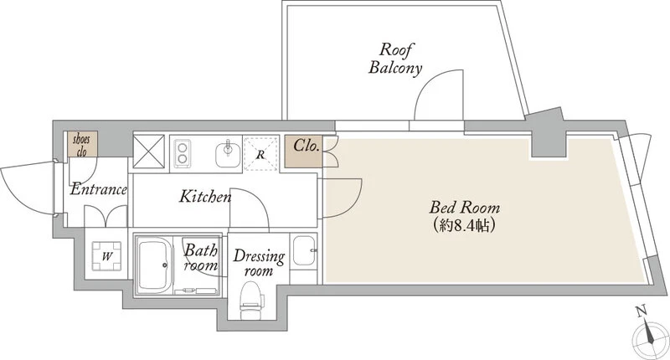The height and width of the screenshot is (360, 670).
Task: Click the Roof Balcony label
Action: [395, 59]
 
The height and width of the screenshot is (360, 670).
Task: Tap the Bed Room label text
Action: [465, 208]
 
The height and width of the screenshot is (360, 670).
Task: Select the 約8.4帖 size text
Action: [465, 225]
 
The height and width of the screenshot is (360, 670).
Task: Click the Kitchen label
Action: [205, 197]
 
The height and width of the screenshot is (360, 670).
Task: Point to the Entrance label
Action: [99, 189]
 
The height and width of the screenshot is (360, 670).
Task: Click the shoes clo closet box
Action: [82, 144]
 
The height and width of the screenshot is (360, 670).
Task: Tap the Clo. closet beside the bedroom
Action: [304, 152]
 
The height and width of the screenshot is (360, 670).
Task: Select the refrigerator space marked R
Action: [260, 154]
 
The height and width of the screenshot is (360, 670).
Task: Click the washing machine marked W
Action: [107, 256]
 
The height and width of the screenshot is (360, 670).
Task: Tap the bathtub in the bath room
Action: [153, 265]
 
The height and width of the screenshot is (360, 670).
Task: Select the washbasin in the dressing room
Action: [304, 250]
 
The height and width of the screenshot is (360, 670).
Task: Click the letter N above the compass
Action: [641, 311]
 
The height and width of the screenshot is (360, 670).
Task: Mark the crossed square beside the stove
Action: [149, 152]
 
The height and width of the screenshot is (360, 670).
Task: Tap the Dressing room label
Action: [259, 263]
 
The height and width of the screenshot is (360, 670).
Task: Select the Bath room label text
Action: [201, 258]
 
